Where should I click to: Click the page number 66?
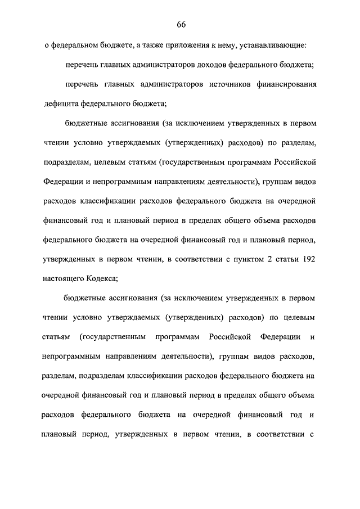coord(181,24)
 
